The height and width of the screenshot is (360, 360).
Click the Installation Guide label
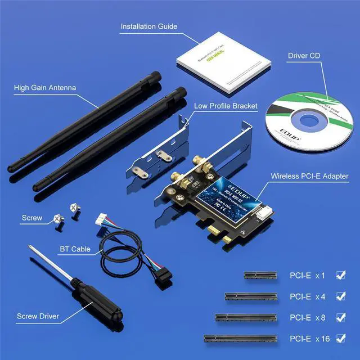(x=149, y=26)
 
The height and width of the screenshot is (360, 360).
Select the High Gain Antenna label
(x=45, y=88)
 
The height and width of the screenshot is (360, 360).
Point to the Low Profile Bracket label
(x=226, y=105)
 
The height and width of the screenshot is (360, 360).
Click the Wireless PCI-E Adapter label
(x=309, y=176)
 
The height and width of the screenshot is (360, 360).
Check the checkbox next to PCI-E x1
(x=340, y=275)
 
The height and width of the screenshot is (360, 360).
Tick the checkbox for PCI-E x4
(x=340, y=296)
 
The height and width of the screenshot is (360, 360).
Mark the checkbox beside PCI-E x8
(x=340, y=317)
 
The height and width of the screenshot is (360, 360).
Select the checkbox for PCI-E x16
(x=340, y=338)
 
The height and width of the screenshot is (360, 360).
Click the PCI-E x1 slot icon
(x=262, y=276)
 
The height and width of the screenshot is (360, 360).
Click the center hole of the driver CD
(x=308, y=120)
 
